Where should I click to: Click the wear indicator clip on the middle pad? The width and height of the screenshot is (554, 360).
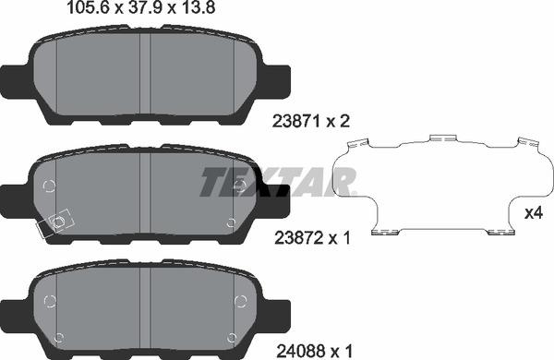click(x=54, y=222)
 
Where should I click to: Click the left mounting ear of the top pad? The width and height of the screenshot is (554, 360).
click(x=18, y=78)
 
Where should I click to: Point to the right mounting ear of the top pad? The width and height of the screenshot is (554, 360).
click(x=272, y=78)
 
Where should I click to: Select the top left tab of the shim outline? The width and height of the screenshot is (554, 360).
click(x=360, y=143)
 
